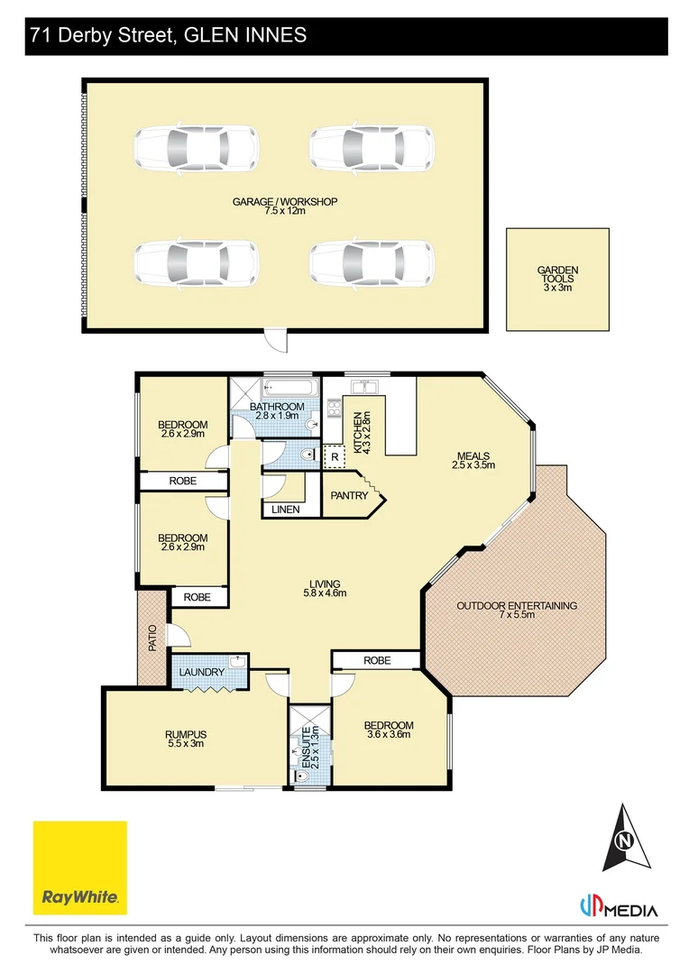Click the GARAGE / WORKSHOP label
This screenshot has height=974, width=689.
coord(285,206)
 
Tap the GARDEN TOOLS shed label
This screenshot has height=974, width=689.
coord(557,279)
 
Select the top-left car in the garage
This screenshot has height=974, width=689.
coord(197,148)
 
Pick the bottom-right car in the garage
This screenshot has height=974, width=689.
coord(372,262)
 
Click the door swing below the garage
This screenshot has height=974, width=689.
coord(275,340)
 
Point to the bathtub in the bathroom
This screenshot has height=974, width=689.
coord(290,388)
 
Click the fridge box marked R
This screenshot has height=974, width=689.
coord(335,457)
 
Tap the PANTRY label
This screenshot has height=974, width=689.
coord(349,496)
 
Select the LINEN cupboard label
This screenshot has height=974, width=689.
coord(286,510)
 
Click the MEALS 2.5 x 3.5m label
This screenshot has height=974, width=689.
coord(473,460)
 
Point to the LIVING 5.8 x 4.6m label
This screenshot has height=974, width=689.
coord(325,588)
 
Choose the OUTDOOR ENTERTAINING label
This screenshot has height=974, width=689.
coord(517,610)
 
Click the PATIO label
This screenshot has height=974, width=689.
coord(152,638)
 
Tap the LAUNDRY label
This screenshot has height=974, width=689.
coord(202,672)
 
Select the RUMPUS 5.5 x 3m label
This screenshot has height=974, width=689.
coord(187,739)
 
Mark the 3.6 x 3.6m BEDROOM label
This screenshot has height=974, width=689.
coord(389,730)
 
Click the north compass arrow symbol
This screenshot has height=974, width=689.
coord(624,839)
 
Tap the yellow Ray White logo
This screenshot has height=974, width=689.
coord(80,868)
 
